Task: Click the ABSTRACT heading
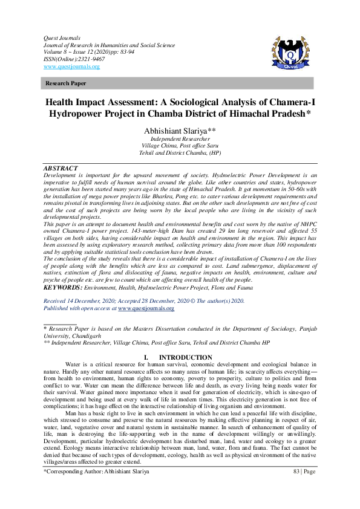tap(61, 168)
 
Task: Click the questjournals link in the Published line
tap(146, 308)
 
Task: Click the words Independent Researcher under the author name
tap(180, 139)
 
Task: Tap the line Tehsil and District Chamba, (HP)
tap(180, 154)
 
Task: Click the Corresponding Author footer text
tap(96, 470)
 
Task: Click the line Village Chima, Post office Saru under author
tap(180, 146)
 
